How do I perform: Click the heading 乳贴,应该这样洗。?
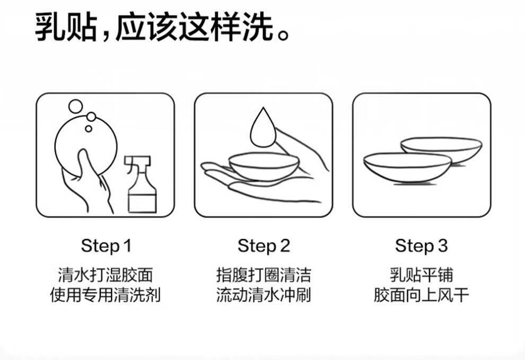coord(162,27)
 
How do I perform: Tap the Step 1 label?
coord(106,246)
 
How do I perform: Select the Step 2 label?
coord(264,246)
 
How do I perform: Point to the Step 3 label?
coord(421,246)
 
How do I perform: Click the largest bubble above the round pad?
coord(76,107)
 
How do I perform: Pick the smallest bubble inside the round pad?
coord(89,129)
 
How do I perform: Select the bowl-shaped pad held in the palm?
coord(264,166)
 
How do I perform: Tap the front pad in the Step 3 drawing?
coord(407,167)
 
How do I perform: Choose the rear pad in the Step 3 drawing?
coord(441,150)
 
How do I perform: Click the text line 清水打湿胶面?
coord(106,275)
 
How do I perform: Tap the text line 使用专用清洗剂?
coord(106,295)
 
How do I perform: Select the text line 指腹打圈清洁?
coord(264,275)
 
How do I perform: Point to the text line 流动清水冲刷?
coord(264,295)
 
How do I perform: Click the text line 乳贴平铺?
coord(421,275)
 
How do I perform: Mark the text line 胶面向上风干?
coord(421,295)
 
